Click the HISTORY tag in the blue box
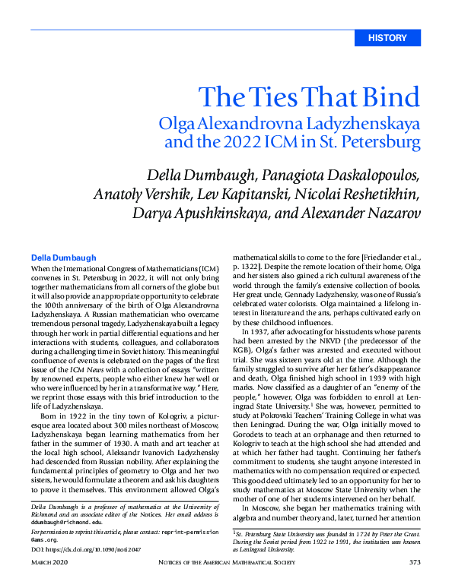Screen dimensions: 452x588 click(387, 38)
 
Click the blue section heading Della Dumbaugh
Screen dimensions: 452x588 click(64, 258)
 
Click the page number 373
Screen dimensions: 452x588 click(414, 561)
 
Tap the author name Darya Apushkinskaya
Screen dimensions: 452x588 click(215, 213)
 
